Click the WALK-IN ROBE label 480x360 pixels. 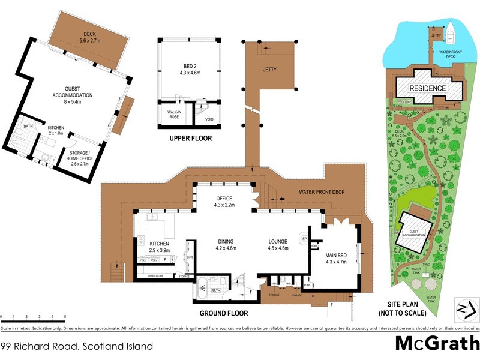point(170,113)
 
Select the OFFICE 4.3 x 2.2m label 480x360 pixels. point(223,202)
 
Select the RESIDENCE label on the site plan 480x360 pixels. point(427,88)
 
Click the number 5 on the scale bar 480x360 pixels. point(65,316)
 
